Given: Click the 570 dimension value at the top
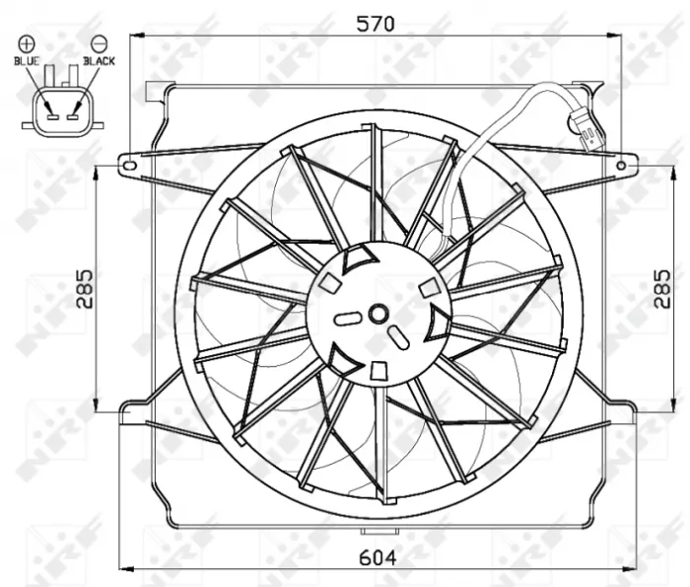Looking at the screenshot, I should coord(376,22).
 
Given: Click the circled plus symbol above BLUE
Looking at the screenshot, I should coord(26,43).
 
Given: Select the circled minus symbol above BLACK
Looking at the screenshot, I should coord(99,43).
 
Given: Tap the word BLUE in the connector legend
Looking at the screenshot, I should coord(27,61).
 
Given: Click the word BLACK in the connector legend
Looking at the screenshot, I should coord(99,61).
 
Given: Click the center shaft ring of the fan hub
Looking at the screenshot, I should coord(377,315).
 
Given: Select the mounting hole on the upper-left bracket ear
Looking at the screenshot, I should coord(129,165).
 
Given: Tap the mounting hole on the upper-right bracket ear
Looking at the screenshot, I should coord(621,165).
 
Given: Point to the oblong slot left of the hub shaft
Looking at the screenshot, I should coord(348,318).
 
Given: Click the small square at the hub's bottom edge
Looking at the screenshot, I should coord(378,370).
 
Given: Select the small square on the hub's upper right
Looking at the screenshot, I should coord(428,287).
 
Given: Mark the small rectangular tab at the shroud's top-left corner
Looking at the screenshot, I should coord(153,92).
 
